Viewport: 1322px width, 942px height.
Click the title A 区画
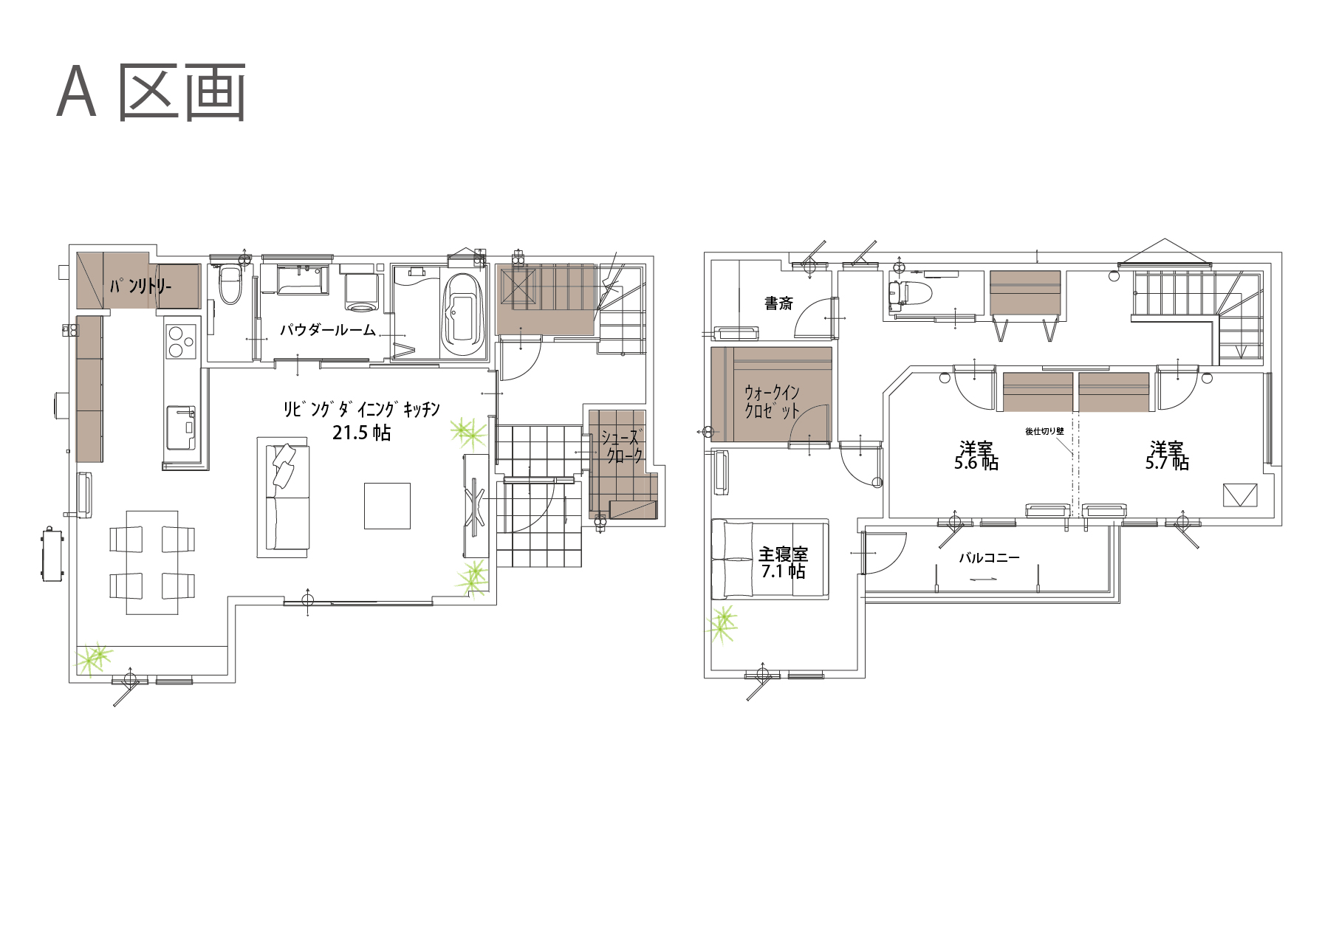151,92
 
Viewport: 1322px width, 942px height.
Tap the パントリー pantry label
140,285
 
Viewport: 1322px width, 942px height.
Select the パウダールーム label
328,329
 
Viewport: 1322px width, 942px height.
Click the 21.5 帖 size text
361,433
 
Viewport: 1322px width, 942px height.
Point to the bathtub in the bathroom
462,314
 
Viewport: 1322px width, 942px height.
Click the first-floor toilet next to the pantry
230,284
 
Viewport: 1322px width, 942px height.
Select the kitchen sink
181,427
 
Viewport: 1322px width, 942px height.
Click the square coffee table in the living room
387,506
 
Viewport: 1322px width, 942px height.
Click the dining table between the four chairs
152,563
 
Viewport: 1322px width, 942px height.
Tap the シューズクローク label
622,446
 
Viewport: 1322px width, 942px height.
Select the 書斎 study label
778,303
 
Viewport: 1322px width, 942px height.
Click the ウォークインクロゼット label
771,402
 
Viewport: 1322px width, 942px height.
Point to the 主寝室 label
783,554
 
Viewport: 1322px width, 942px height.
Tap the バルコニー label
989,558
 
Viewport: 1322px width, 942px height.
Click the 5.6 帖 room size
976,463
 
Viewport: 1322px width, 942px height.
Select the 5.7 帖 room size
1167,463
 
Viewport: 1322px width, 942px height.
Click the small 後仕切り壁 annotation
1044,431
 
